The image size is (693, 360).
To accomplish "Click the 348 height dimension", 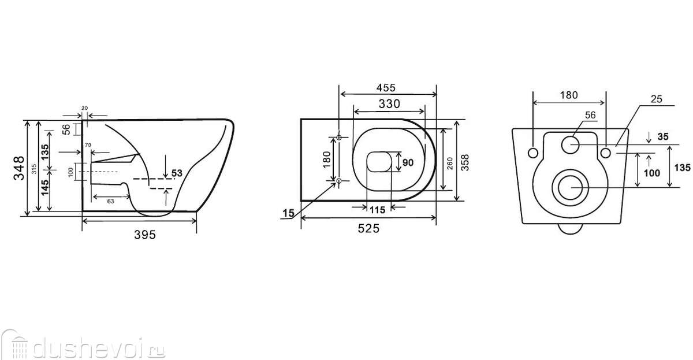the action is click(19, 168).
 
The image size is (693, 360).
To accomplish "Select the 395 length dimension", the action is click(145, 235).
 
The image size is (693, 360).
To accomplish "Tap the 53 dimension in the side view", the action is click(177, 173).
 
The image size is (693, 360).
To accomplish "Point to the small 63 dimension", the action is click(110, 201).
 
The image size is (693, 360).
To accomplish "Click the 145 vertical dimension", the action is click(45, 188).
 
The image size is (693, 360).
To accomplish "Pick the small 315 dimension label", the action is click(34, 169).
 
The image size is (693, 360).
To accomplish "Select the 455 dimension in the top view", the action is click(386, 88).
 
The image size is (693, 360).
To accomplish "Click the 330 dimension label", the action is click(389, 103).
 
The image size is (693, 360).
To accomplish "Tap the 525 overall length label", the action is click(368, 228).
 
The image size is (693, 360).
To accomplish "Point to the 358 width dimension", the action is click(465, 162).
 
